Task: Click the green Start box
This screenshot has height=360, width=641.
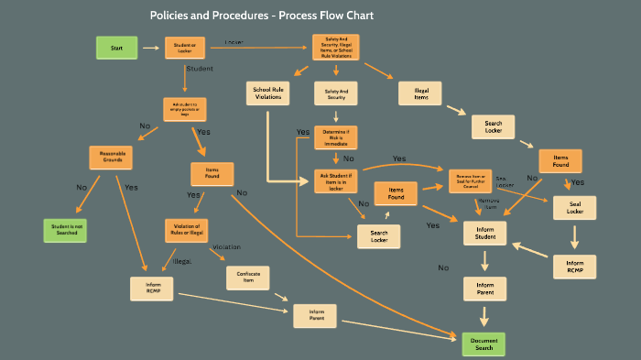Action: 116,48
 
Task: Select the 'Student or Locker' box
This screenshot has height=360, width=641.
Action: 184,48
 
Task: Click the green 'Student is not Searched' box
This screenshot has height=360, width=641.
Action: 67,230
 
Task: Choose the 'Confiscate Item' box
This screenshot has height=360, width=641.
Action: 246,277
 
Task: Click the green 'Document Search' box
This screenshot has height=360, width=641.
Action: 483,344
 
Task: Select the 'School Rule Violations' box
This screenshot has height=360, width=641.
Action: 268,93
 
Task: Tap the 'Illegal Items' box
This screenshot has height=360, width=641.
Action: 420,93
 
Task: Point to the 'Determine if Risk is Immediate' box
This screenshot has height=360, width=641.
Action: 335,136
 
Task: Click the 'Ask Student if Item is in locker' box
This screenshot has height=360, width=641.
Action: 335,180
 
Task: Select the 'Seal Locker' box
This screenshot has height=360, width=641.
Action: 574,207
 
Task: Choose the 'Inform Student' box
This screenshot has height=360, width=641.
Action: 484,233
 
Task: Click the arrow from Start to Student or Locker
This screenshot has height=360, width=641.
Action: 150,48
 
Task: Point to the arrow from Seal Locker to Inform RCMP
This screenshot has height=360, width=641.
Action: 575,236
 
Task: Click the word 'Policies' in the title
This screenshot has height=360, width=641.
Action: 175,16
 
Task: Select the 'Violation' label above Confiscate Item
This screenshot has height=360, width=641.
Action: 226,247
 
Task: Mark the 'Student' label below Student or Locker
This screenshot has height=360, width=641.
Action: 200,69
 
